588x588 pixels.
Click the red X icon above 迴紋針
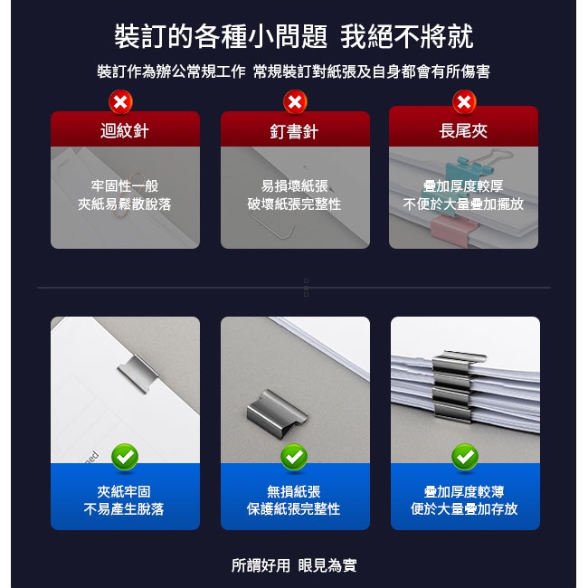coord(120,101)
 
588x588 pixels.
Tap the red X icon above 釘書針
coord(295,101)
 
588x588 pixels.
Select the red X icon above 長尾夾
coord(464,101)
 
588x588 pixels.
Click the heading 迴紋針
coord(125,131)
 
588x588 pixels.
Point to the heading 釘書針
coord(294,132)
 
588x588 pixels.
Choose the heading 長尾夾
coord(463,131)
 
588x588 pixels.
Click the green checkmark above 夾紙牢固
coord(125,456)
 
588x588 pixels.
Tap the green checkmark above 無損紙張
coord(294,456)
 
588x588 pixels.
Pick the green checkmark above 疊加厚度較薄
coord(465,456)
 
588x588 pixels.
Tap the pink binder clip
coord(454,230)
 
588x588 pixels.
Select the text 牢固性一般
coord(125,185)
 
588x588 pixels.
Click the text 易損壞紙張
coord(295,185)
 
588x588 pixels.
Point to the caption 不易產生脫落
coord(124,509)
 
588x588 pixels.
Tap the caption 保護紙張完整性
coord(294,509)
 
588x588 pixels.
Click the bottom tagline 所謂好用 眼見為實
coord(294,565)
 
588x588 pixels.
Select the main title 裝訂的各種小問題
coord(221,36)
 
